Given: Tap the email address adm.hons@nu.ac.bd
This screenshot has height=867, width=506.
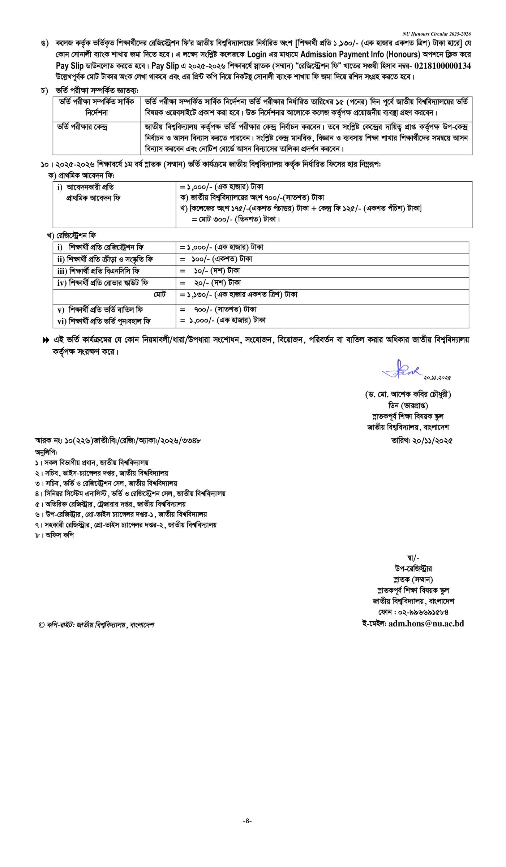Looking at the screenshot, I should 426,623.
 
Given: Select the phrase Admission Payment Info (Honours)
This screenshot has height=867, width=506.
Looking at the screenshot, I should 360,55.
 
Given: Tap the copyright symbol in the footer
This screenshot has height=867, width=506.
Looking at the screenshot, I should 41,625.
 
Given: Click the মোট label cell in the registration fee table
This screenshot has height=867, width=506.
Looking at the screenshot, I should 159,294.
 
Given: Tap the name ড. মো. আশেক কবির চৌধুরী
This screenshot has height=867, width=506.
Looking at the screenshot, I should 408,394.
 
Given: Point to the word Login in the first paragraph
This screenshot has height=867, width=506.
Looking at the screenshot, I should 257,55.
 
